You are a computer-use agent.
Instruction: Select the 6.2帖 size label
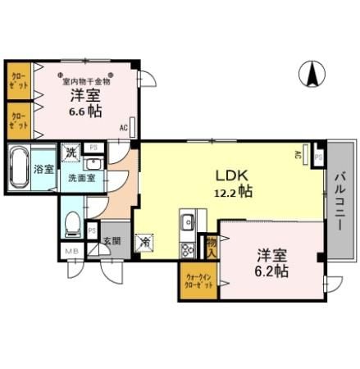[x=270, y=269]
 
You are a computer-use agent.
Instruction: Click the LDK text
[x=230, y=175]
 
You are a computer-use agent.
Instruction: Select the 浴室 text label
[x=43, y=171]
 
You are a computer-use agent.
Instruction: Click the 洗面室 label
[x=82, y=176]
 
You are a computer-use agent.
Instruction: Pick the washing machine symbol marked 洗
[x=71, y=152]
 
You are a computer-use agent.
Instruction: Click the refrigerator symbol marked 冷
[x=144, y=243]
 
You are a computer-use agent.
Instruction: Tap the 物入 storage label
[x=211, y=245]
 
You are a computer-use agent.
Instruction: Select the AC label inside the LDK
[x=298, y=154]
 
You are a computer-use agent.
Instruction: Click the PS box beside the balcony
[x=317, y=154]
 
